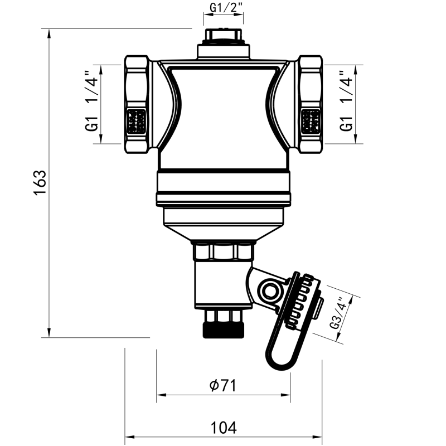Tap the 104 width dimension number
(224, 428)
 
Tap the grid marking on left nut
(137, 120)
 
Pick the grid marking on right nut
(311, 120)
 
